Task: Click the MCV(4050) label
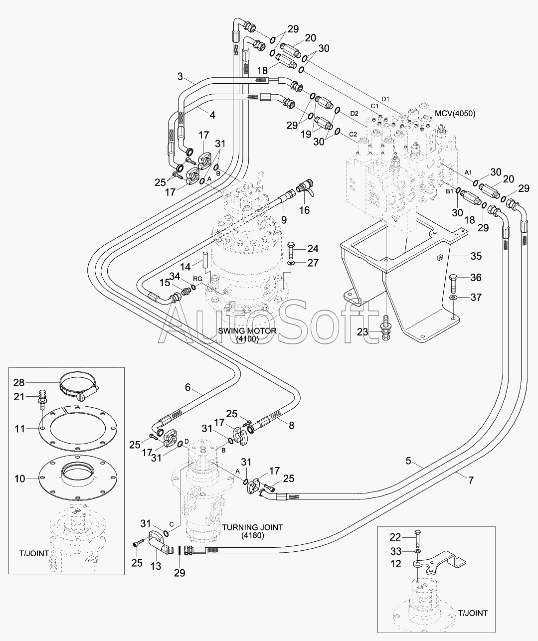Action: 455,114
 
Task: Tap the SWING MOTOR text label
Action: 247,331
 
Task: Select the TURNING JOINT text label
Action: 252,527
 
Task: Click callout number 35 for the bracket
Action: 476,256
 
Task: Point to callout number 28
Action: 19,382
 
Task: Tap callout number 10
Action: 20,479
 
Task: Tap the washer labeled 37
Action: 453,297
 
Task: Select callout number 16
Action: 304,210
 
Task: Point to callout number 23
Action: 362,332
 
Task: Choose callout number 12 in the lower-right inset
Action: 396,564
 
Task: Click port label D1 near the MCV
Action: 385,99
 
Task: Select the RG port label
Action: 197,279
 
